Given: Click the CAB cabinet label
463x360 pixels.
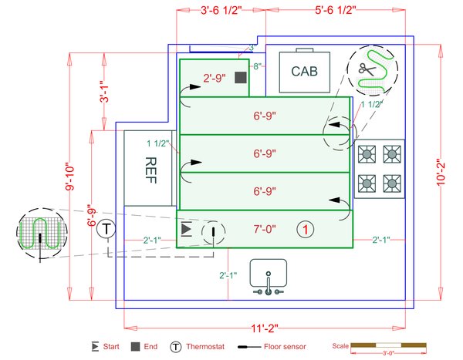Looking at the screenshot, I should tap(305, 71).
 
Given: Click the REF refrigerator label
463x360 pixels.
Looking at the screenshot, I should tap(151, 167).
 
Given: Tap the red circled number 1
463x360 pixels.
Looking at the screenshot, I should tap(306, 229).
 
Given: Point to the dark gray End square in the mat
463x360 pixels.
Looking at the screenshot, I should tap(240, 78).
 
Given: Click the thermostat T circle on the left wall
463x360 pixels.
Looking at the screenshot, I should tap(107, 228).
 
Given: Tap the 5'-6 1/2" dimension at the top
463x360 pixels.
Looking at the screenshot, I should tap(335, 11).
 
